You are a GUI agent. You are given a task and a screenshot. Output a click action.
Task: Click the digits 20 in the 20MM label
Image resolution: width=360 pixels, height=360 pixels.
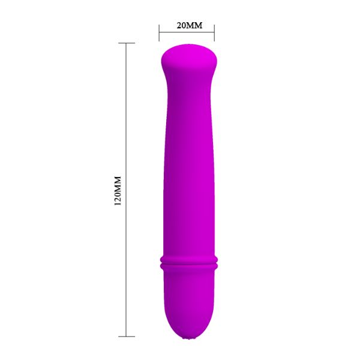coord(181,25)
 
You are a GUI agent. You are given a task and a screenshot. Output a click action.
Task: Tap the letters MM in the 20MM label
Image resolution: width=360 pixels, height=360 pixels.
coord(194,25)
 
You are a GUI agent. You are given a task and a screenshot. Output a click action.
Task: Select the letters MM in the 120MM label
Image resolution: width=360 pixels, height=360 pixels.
coord(118,184)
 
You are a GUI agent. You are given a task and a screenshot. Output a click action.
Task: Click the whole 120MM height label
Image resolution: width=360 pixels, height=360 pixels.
coord(118,191)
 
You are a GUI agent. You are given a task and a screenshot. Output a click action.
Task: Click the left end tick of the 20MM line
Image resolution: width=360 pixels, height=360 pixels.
coord(159,33)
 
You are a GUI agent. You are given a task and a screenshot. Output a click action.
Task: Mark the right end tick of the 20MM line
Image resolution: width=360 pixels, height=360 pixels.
coord(214,33)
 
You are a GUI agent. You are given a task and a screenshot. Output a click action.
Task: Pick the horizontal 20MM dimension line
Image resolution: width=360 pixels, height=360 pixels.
coord(187,32)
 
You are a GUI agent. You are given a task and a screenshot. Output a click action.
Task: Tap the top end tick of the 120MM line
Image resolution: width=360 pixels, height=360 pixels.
coord(126,43)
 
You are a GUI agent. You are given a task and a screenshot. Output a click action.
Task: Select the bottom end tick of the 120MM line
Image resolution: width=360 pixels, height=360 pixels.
coord(126,337)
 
